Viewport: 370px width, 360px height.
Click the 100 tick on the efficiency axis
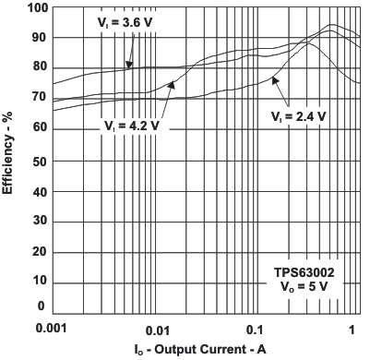tap(36, 7)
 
